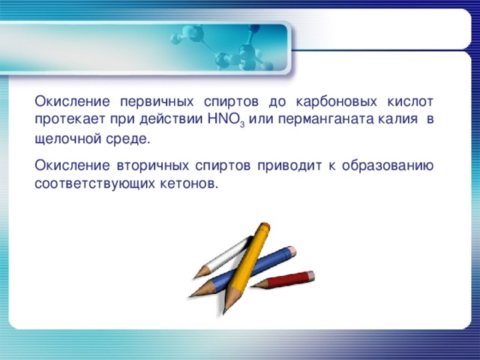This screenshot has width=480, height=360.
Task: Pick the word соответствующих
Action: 95,183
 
